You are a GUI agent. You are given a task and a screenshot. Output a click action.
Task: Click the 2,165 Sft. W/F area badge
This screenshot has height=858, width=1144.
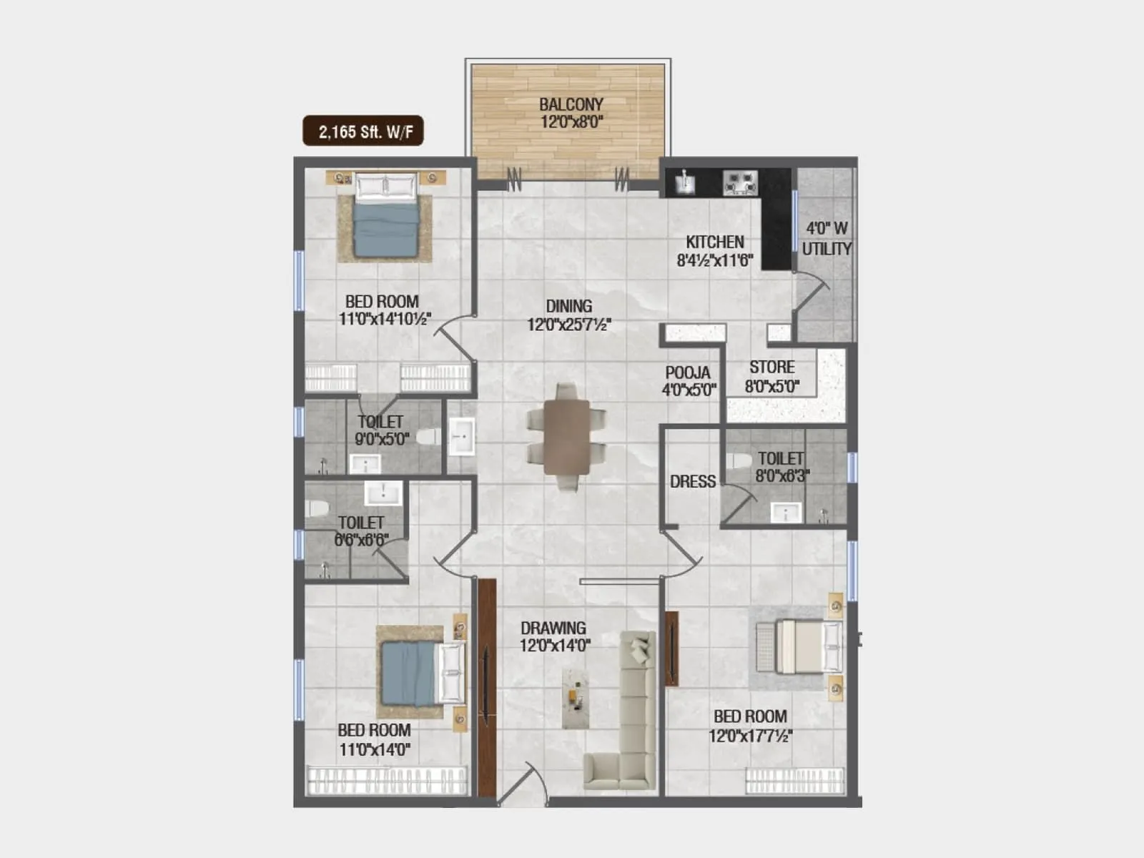[x=363, y=131]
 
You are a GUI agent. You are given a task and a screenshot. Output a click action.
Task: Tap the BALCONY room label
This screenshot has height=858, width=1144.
[x=571, y=104]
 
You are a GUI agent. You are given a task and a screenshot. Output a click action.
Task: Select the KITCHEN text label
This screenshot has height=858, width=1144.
[x=714, y=242]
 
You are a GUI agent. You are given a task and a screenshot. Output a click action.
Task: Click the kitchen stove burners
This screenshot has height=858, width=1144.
[x=739, y=182]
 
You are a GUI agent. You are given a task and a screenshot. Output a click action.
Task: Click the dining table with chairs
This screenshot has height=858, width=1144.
[x=566, y=436]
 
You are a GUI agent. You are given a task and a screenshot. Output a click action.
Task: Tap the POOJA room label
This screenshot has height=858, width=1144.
[x=687, y=373]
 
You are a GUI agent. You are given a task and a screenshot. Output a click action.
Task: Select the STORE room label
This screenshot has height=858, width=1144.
[x=771, y=367]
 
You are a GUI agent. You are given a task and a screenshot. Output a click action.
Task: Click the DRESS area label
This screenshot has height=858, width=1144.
[x=692, y=481]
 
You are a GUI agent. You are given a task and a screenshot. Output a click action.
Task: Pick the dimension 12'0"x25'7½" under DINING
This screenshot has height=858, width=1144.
[x=568, y=325]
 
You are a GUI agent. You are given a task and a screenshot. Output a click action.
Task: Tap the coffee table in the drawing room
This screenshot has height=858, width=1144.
[x=574, y=699]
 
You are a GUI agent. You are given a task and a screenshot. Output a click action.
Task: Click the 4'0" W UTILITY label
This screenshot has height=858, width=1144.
[x=826, y=238]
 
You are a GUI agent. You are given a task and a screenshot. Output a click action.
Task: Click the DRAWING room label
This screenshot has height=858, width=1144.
[x=553, y=628]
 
